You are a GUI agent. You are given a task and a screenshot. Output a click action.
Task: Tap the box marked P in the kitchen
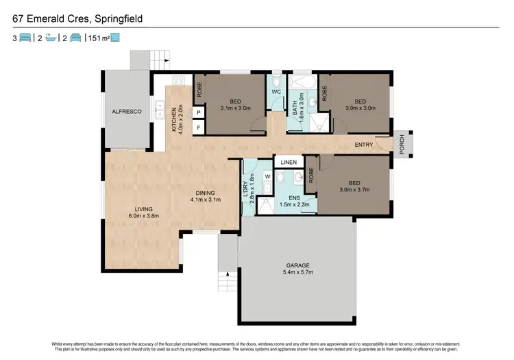pyautogui.click(x=199, y=112)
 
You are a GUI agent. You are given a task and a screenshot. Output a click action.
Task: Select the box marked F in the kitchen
pyautogui.click(x=199, y=128)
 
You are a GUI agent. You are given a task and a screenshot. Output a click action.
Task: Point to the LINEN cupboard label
pyautogui.click(x=289, y=163)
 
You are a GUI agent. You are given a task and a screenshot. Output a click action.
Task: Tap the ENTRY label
pyautogui.click(x=364, y=145)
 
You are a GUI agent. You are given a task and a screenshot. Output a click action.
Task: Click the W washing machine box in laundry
pyautogui.click(x=267, y=176)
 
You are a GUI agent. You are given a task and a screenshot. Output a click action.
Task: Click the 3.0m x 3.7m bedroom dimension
pyautogui.click(x=354, y=191)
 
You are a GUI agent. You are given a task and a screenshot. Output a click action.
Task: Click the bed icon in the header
pyautogui.click(x=25, y=38)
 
